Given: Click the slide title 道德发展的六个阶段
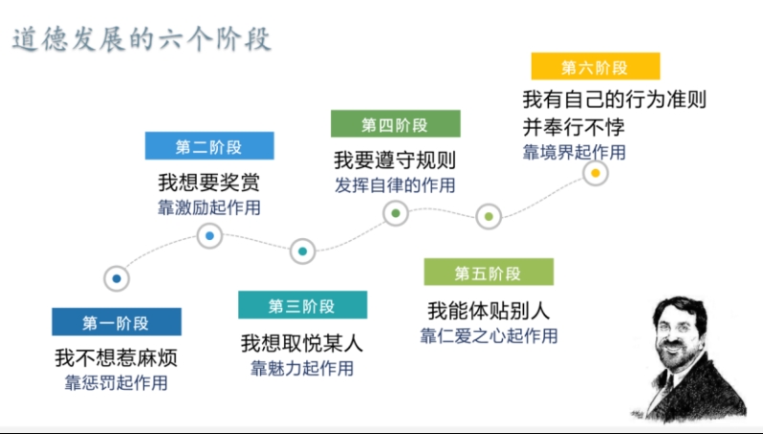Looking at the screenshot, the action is (142, 39).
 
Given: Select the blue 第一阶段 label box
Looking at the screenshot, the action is (117, 321).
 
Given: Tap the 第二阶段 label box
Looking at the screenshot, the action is (209, 145).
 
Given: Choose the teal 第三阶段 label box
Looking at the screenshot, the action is (303, 305).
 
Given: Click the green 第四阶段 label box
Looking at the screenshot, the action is (396, 123).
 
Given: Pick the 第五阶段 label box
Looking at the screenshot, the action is (489, 271).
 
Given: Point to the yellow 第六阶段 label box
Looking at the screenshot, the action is (596, 66).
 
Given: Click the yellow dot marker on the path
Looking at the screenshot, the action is (595, 173).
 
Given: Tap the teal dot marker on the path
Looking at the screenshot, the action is (303, 251).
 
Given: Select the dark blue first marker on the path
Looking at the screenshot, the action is (117, 278).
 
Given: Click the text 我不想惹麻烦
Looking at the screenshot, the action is (117, 358).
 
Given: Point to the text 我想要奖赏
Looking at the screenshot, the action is (209, 183).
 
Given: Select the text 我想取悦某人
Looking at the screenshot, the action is (302, 343).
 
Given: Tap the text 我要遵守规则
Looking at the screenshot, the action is (395, 160).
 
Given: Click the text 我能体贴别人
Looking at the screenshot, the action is (489, 311).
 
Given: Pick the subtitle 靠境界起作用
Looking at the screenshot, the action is (575, 152).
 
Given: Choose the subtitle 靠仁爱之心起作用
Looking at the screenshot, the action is (489, 336).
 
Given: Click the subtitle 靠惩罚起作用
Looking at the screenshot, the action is (117, 383).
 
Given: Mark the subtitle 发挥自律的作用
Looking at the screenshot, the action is (395, 185).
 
